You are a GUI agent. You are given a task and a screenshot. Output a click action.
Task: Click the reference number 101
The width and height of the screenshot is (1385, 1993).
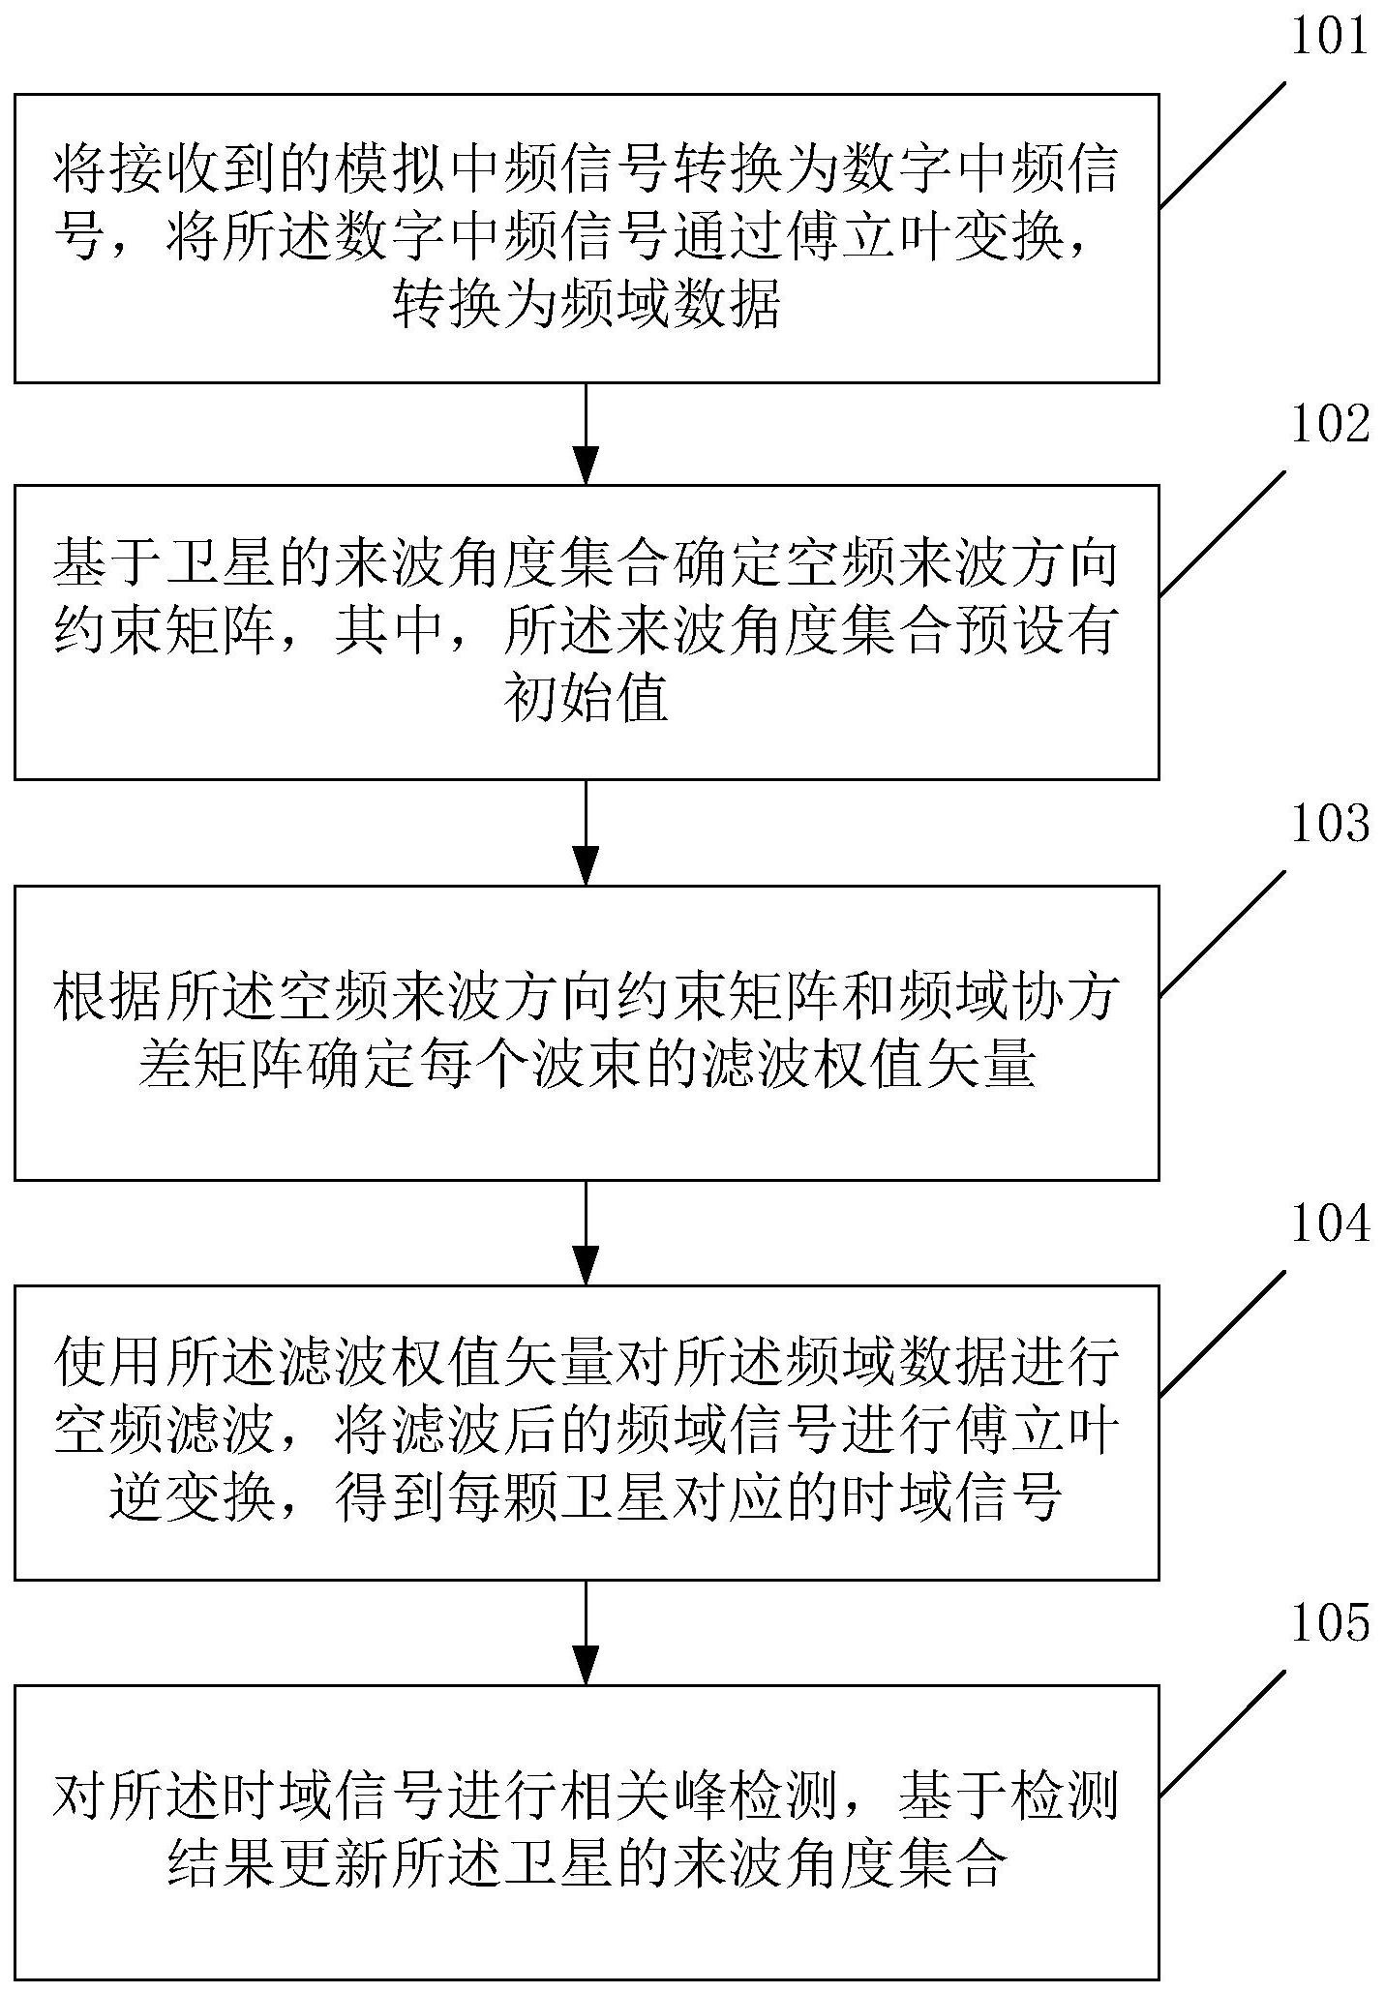pos(1329,38)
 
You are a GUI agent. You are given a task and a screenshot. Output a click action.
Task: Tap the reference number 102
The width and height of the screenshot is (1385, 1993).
pos(1329,425)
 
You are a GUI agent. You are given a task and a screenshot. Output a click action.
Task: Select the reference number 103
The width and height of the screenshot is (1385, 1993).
pos(1329,825)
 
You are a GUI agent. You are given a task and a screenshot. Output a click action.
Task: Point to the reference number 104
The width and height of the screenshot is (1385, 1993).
pos(1329,1224)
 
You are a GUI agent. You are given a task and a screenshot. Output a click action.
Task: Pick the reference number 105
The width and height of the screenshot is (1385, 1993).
pos(1329,1623)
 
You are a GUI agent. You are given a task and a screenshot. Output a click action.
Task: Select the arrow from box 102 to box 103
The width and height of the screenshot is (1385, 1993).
pos(587,831)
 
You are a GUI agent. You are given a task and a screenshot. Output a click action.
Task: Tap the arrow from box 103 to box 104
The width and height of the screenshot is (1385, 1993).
pos(587,1231)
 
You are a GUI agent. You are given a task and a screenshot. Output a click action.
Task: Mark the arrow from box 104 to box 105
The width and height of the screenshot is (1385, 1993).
pos(587,1631)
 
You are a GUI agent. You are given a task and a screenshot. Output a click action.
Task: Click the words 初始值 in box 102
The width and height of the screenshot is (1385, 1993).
pos(587,699)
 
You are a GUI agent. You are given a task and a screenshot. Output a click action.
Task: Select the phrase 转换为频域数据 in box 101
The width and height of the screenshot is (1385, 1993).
pos(587,307)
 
